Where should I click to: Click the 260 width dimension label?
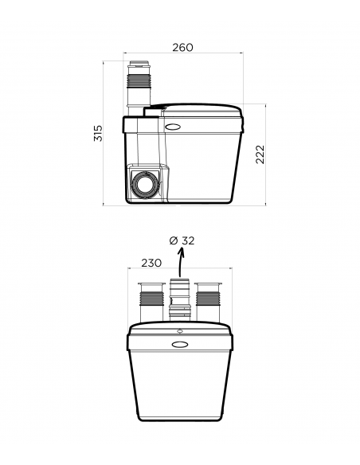(x=182, y=48)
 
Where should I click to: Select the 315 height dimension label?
(x=98, y=133)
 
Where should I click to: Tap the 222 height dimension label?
(x=260, y=154)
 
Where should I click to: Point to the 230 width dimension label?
(x=151, y=263)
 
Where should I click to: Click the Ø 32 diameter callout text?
(x=182, y=240)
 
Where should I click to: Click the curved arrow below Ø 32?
(x=180, y=262)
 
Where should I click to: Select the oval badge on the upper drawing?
(x=173, y=127)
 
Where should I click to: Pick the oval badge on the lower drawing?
(x=180, y=344)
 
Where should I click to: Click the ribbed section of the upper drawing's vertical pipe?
(x=139, y=80)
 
